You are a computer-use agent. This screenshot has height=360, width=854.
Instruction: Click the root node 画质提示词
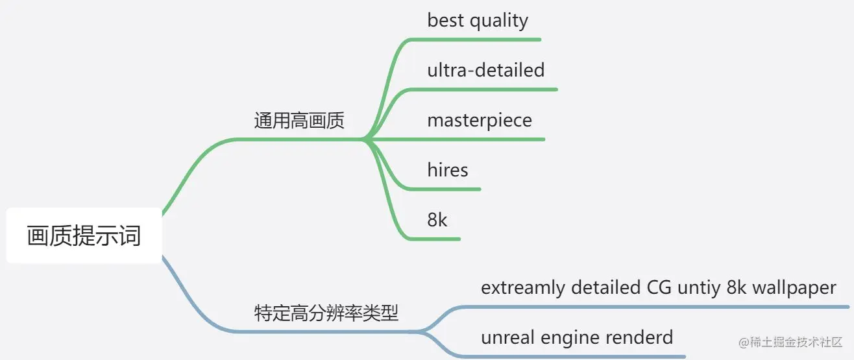click(84, 235)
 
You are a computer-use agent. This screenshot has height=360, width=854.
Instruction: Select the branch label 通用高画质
click(299, 121)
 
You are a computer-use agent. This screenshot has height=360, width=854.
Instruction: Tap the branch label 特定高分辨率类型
click(326, 314)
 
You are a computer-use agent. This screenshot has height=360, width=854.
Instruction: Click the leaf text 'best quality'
click(478, 20)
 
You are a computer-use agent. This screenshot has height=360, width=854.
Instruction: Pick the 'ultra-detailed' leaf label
click(486, 70)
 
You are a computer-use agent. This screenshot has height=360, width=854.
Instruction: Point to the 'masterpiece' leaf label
click(480, 120)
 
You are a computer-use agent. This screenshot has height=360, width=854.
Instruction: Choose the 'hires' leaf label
click(448, 170)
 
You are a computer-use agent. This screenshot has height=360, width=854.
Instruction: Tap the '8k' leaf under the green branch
click(437, 220)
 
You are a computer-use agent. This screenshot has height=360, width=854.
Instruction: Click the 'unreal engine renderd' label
click(577, 337)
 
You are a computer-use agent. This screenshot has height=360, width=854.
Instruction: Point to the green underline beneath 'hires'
click(448, 189)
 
